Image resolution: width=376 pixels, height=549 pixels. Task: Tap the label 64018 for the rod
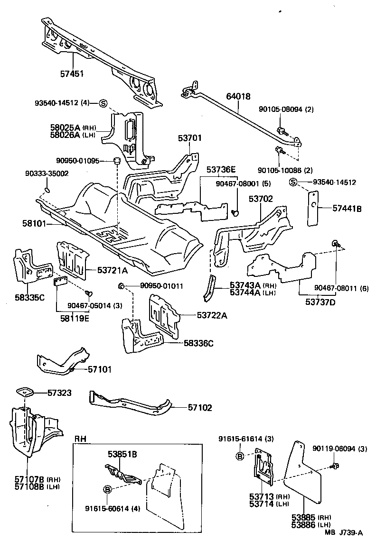point(240,97)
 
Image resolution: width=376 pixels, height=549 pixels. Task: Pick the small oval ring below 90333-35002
point(47,191)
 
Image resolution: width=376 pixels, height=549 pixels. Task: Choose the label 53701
point(190,138)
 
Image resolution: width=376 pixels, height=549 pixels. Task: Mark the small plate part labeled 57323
point(24,393)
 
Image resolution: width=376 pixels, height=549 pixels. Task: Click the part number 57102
point(200,407)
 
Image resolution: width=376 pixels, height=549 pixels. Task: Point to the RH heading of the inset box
point(81,439)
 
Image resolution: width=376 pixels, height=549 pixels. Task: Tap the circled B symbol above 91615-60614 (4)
point(107,489)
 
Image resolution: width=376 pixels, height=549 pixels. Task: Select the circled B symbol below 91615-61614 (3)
point(240,456)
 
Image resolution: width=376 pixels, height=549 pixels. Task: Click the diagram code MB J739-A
point(344,532)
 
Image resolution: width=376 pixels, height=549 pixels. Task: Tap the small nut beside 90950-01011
point(121,285)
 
